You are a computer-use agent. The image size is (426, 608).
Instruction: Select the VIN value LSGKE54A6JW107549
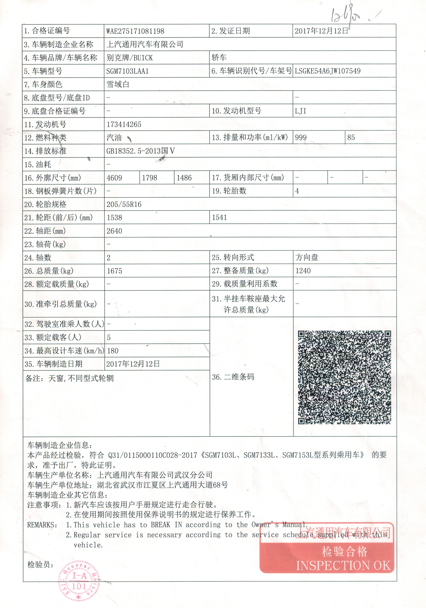328,71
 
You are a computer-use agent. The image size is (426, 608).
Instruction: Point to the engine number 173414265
124,124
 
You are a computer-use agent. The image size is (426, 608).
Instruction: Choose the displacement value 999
301,138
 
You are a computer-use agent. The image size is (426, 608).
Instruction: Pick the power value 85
351,138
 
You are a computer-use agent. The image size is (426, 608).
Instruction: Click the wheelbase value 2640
114,231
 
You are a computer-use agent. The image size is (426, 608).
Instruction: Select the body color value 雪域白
118,84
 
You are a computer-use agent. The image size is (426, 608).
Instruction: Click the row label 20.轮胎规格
45,204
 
